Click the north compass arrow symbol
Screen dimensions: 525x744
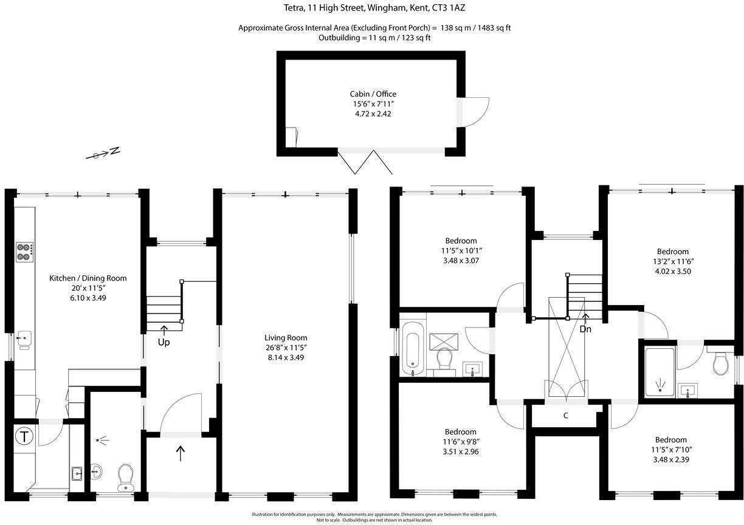point(103,154)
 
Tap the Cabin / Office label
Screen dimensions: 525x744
point(373,94)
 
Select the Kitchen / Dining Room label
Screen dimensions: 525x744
point(88,278)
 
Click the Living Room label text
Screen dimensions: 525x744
point(285,338)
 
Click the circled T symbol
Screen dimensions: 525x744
point(24,436)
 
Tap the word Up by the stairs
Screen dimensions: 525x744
point(164,342)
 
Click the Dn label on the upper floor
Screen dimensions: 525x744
point(585,329)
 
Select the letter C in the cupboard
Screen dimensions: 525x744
point(565,416)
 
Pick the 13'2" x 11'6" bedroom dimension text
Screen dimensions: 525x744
point(672,261)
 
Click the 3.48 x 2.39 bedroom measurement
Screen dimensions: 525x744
point(670,459)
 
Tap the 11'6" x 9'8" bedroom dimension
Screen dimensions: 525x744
point(460,442)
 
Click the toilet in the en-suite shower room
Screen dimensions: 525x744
point(722,363)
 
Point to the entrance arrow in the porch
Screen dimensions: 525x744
point(181,453)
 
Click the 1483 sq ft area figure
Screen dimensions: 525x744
point(491,28)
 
